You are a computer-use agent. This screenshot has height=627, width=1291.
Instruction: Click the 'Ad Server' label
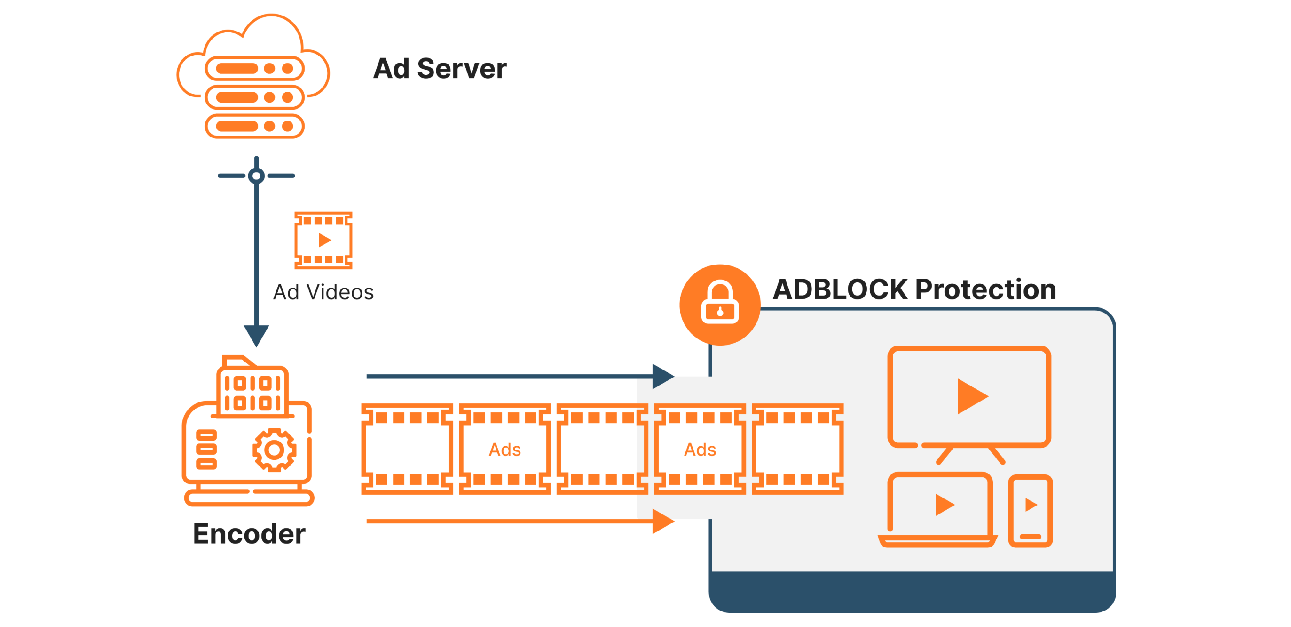click(x=440, y=69)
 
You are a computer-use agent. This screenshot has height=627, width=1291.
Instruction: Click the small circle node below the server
click(x=256, y=176)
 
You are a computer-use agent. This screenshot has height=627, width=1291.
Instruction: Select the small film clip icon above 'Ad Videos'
click(x=323, y=240)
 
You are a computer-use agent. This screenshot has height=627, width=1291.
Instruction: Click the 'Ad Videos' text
click(x=323, y=292)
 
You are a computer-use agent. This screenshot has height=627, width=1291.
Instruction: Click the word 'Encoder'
click(x=249, y=534)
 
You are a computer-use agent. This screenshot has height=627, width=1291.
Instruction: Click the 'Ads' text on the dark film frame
click(x=504, y=450)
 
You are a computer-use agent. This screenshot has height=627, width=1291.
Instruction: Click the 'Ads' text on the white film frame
click(x=700, y=450)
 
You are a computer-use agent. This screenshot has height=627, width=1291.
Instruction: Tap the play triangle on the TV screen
click(x=971, y=396)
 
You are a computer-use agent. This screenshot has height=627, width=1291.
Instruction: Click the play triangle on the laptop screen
click(x=944, y=505)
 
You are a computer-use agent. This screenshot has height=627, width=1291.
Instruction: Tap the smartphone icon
click(x=1031, y=511)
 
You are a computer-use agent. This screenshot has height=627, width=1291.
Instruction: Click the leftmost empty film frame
click(x=407, y=450)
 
